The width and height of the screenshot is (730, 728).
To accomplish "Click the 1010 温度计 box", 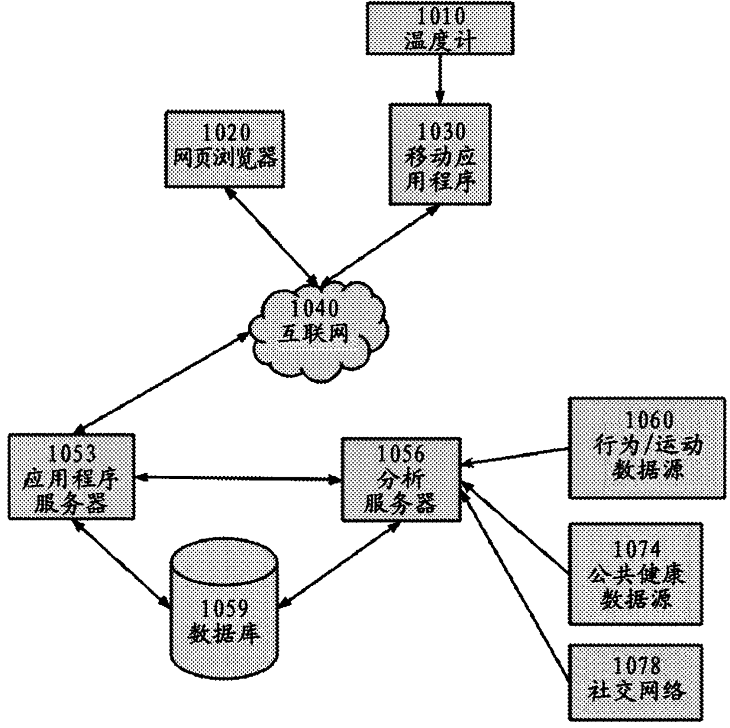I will coord(439,28).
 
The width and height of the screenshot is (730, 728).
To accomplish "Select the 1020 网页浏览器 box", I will coord(224,149).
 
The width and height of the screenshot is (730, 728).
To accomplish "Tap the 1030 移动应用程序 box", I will coord(440,155).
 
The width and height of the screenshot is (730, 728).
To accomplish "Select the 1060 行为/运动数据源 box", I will coord(646,448).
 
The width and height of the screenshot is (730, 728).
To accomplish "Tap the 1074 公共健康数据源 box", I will coord(636,573).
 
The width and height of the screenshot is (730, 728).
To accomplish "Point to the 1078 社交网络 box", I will coord(636,682).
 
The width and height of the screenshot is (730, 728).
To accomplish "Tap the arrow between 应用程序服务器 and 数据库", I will coord(120,562).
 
